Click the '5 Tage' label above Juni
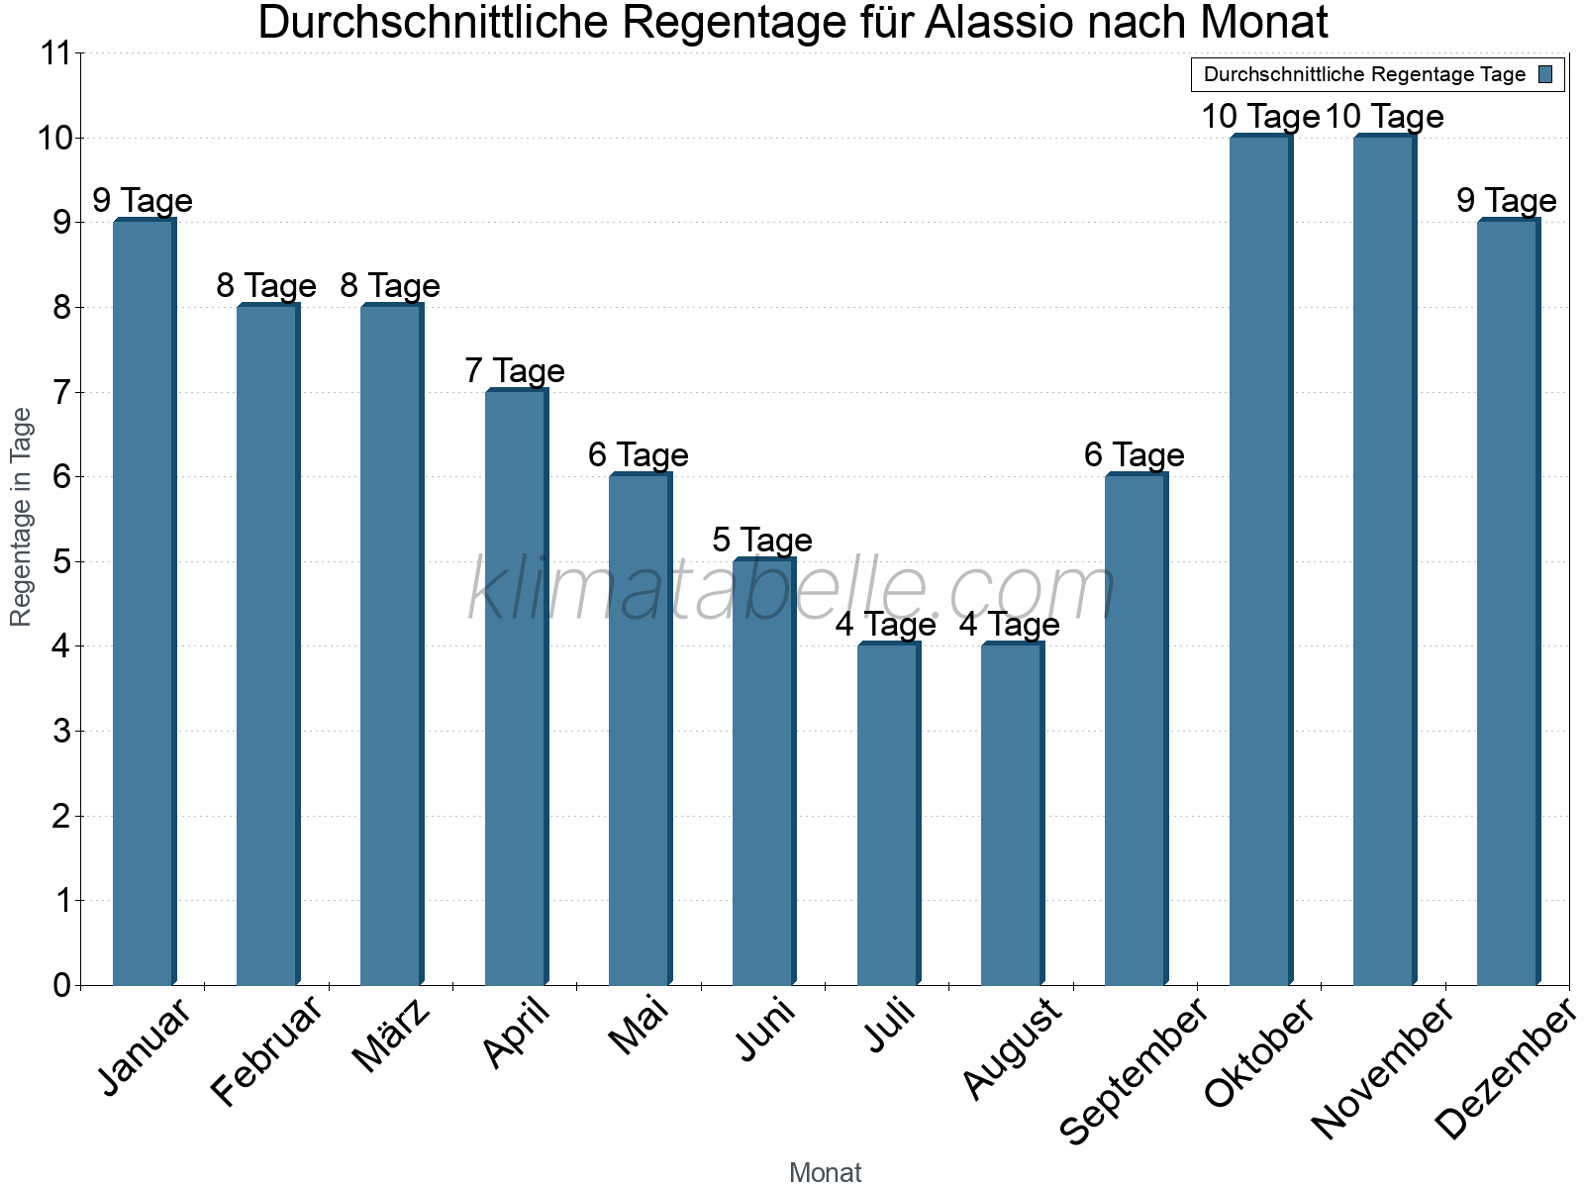[761, 541]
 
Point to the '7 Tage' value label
[514, 371]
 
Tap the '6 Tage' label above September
[1134, 455]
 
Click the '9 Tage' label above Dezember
[1506, 201]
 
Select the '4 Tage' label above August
[1009, 625]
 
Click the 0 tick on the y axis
[61, 985]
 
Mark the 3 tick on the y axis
[61, 732]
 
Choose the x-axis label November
[1382, 1069]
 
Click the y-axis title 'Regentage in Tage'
[22, 517]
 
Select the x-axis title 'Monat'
[825, 1173]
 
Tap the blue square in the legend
[1545, 74]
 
